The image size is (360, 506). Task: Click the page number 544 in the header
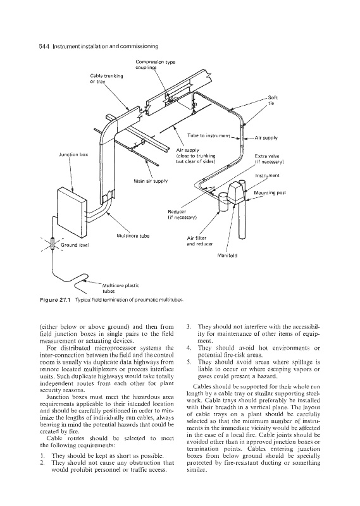coord(44,46)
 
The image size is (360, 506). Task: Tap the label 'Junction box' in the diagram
coord(73,154)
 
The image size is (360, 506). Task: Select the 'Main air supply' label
coord(151,181)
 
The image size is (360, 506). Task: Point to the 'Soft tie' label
coord(273,101)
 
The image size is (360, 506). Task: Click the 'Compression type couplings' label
coord(156,65)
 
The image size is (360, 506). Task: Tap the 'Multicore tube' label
coord(133,236)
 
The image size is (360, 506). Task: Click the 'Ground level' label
coord(75,245)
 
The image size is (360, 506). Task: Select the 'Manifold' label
coord(228,256)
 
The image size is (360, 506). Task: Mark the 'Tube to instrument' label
coord(209,135)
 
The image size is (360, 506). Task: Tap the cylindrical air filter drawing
coord(223,201)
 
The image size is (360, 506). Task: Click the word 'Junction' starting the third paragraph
coord(56,397)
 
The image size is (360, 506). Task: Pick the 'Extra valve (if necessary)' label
coord(270,159)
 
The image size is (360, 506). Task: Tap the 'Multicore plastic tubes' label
coord(120,288)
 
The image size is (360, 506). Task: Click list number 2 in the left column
coord(42,463)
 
